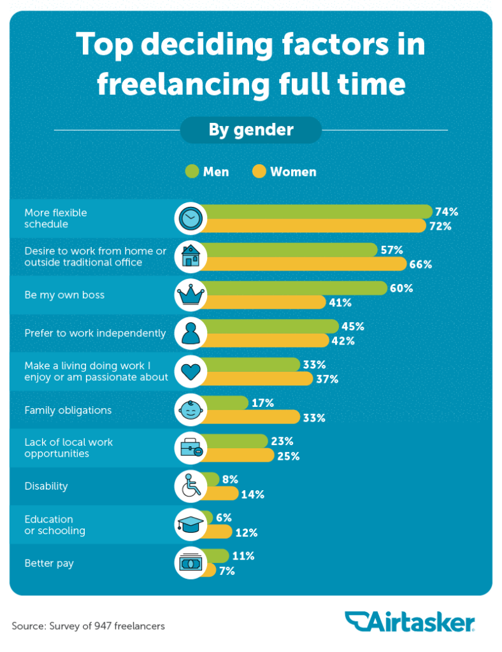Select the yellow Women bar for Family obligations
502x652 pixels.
tap(252, 418)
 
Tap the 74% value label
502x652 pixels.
tap(446, 212)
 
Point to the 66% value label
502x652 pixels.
tap(420, 264)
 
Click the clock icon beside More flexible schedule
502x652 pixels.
tap(190, 218)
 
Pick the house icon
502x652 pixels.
tap(190, 257)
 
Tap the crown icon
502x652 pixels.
tap(190, 295)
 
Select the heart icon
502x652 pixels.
tap(190, 372)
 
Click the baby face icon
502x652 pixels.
tap(190, 410)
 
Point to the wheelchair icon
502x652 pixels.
tap(190, 486)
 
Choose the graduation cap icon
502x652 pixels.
tap(190, 525)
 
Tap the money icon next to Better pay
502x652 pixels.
tap(190, 563)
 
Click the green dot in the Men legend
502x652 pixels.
tap(192, 171)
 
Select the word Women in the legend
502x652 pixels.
tap(293, 172)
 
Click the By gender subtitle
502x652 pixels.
tap(251, 130)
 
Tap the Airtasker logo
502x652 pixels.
tap(410, 621)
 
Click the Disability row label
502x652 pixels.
tap(46, 486)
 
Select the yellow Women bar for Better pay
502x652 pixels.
tap(209, 571)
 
